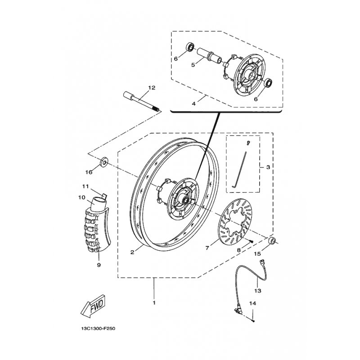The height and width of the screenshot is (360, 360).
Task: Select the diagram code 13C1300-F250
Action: (98, 329)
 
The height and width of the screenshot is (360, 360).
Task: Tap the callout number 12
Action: (152, 87)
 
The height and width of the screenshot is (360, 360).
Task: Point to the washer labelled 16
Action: (104, 162)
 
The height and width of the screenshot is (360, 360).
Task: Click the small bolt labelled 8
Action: (251, 241)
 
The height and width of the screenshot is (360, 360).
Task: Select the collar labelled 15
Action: (272, 241)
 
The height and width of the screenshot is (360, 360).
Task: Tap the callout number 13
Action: (258, 291)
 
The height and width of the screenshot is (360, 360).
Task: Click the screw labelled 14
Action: (253, 321)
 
